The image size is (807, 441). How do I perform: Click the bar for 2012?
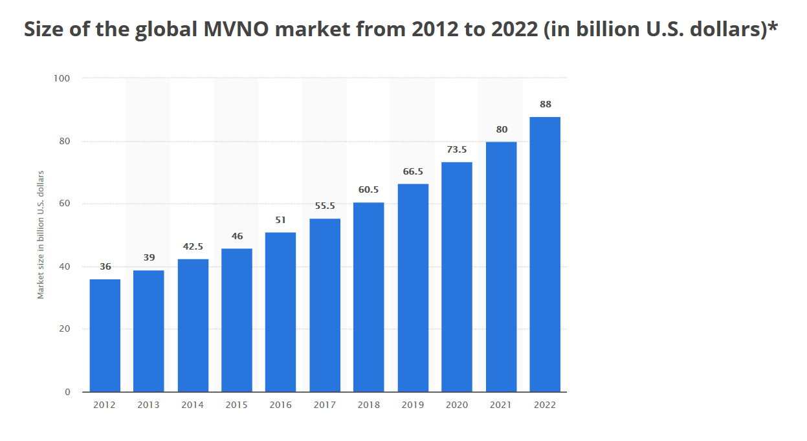pyautogui.click(x=105, y=335)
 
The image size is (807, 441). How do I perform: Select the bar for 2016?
pyautogui.click(x=280, y=312)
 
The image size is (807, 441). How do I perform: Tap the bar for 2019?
pyautogui.click(x=413, y=288)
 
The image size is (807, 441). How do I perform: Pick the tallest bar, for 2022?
pyautogui.click(x=545, y=254)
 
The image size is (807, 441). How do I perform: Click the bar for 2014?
pyautogui.click(x=193, y=325)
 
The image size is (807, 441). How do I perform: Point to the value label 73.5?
pyautogui.click(x=456, y=149)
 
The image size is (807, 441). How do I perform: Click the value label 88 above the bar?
pyautogui.click(x=545, y=104)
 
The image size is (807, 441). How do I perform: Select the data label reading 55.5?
pyautogui.click(x=324, y=206)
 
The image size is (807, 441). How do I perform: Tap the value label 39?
pyautogui.click(x=149, y=257)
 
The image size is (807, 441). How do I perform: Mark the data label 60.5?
pyautogui.click(x=368, y=190)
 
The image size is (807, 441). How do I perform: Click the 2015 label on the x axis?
pyautogui.click(x=236, y=405)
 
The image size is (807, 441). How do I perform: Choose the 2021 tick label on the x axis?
pyautogui.click(x=501, y=405)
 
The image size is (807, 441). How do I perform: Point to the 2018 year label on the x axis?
pyautogui.click(x=368, y=405)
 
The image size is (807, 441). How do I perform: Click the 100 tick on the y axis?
pyautogui.click(x=63, y=78)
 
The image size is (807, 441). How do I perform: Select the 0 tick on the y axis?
pyautogui.click(x=67, y=392)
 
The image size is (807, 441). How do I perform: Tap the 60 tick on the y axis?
pyautogui.click(x=65, y=204)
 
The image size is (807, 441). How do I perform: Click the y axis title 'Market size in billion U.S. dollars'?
pyautogui.click(x=41, y=235)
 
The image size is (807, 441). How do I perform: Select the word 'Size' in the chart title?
pyautogui.click(x=44, y=30)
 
